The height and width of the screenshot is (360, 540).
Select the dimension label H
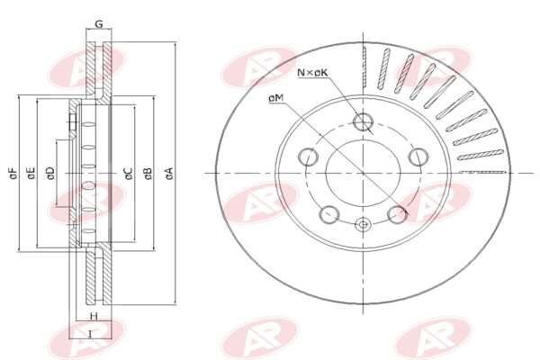tap(93, 318)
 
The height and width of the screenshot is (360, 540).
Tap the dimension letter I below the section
tap(90, 335)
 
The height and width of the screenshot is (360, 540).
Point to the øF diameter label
tap(12, 172)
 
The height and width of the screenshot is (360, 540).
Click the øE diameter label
tap(31, 172)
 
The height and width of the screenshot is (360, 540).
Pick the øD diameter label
tap(49, 172)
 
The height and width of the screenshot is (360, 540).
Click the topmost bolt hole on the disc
tap(363, 122)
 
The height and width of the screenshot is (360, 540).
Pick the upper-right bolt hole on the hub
tap(418, 157)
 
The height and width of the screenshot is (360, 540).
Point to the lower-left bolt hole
tap(330, 214)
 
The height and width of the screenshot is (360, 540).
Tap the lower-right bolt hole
tap(396, 214)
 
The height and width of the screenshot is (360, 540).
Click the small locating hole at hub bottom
tap(363, 225)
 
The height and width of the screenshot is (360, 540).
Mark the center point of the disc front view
tap(363, 172)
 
